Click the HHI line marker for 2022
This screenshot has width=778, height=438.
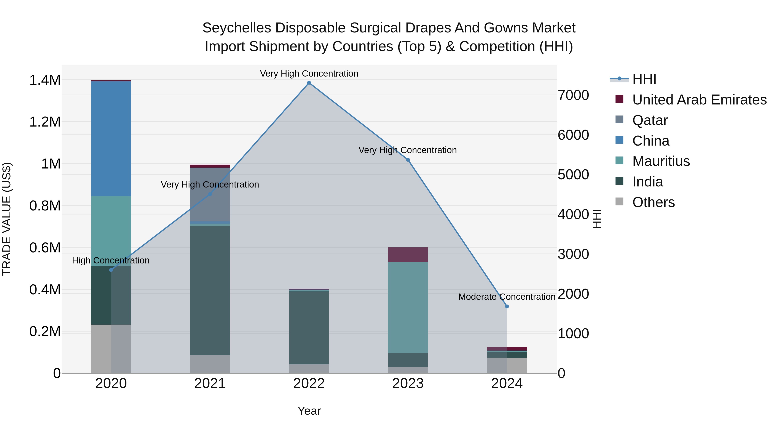coord(309,83)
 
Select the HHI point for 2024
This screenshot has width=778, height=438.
coord(507,306)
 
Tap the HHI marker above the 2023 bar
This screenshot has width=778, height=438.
coord(408,160)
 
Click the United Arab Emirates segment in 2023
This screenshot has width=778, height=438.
coord(408,255)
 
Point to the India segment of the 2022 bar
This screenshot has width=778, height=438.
coord(309,328)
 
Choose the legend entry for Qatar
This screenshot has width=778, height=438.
coord(650,120)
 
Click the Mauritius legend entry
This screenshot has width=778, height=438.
coord(661,161)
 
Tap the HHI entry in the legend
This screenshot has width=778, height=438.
coord(644,79)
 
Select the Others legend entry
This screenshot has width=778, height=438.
coord(653,202)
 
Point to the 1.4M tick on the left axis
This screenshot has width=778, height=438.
coord(45,80)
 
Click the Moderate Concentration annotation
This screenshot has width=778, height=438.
coord(507,297)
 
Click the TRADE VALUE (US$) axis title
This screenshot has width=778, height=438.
coord(7,219)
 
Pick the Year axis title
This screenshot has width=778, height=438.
coord(309,411)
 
